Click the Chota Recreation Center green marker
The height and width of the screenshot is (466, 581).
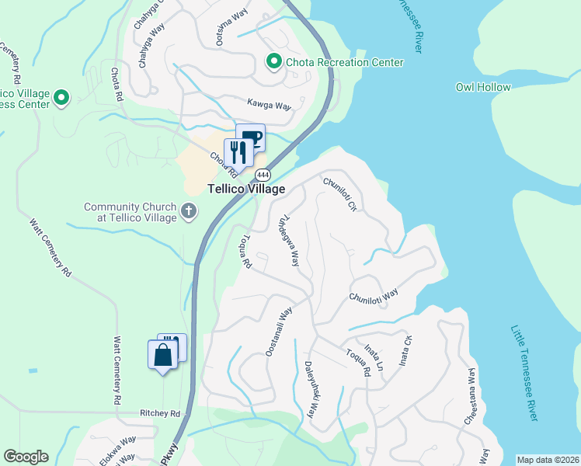click(x=273, y=61)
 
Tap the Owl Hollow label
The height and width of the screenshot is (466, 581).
click(x=483, y=88)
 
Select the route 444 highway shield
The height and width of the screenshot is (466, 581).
click(x=263, y=174)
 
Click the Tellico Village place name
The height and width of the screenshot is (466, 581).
click(x=245, y=189)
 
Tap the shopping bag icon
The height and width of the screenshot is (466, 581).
click(x=162, y=355)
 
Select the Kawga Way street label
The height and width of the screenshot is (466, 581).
click(x=269, y=103)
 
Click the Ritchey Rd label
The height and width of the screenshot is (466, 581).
click(x=160, y=413)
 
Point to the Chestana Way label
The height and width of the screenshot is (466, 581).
click(x=470, y=398)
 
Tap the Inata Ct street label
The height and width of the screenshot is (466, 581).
click(x=405, y=349)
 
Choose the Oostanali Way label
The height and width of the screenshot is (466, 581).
click(x=278, y=332)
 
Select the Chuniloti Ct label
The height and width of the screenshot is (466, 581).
click(x=339, y=196)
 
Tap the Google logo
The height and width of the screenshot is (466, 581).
click(x=26, y=457)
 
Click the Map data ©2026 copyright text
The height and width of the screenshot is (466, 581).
click(x=548, y=460)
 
